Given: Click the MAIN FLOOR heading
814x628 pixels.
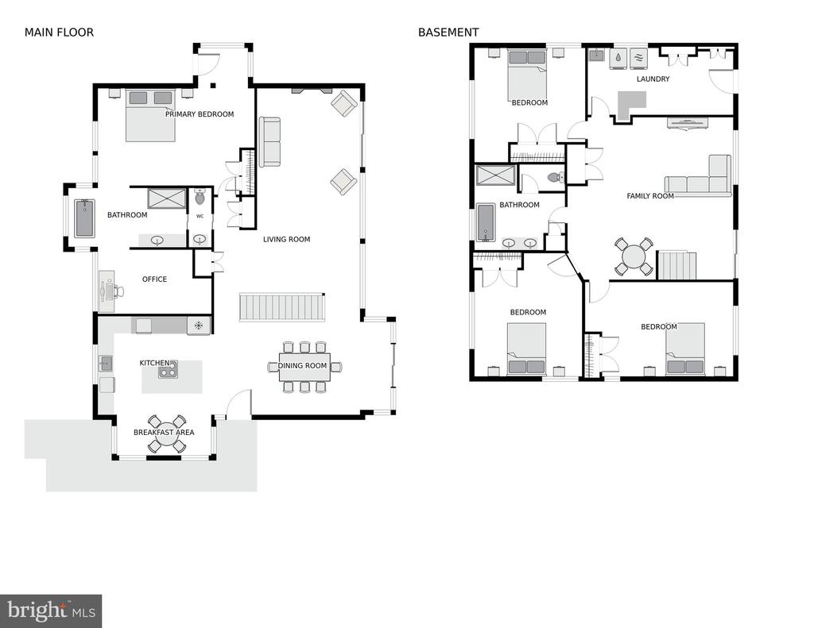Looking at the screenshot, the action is point(59,32).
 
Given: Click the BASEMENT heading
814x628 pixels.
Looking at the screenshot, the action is point(448,32).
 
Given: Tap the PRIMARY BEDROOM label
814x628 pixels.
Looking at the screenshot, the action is point(200,114).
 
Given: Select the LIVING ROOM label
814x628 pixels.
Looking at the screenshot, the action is point(286,239).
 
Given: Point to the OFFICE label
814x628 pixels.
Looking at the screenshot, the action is point(155,279).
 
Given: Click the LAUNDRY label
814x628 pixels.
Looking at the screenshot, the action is point(653,79).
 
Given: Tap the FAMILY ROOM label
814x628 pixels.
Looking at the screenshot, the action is point(650,196).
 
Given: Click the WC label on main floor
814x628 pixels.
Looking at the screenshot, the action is point(200,216).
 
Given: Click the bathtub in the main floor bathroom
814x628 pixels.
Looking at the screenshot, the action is point(84,218).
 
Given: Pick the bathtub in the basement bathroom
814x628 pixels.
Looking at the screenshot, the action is point(486,222).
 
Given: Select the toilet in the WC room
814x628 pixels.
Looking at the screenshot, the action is point(200,197).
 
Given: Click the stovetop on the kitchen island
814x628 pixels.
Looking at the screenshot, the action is point(167,369).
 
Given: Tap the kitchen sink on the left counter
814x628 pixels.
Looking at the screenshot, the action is point(106,364).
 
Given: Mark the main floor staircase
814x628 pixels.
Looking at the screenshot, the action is point(282,307).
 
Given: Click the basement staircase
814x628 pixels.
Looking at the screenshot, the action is point(677,265).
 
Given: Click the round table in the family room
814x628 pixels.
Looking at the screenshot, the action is point(634,256).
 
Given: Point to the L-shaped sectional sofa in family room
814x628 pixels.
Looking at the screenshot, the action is point(698,175).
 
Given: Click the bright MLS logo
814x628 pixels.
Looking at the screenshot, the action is point(51,611).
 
